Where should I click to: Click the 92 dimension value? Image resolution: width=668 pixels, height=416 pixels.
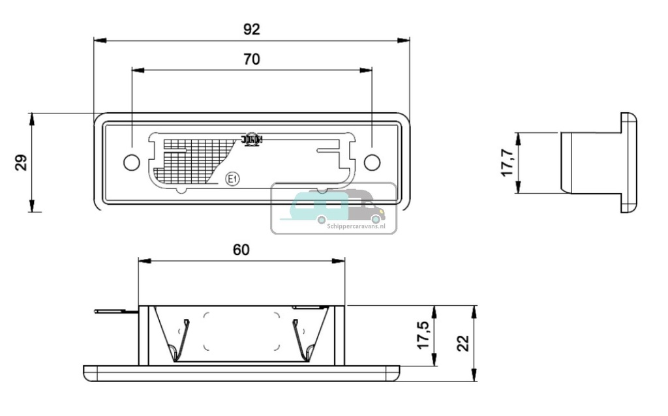point(251,29)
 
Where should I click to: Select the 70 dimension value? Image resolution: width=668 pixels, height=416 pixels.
point(251,59)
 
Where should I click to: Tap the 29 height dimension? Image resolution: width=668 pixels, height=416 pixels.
point(22,162)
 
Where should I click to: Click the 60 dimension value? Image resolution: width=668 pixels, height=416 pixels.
point(241,250)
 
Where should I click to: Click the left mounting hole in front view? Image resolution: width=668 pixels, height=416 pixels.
point(131,162)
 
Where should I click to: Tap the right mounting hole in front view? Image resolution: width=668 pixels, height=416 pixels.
point(372,162)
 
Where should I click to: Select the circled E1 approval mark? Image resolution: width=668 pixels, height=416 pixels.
point(231,179)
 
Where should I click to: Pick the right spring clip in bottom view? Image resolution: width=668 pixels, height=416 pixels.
point(301,340)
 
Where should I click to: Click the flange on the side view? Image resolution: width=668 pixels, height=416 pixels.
point(628,163)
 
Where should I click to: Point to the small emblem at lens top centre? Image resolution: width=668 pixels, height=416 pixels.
point(252,139)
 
